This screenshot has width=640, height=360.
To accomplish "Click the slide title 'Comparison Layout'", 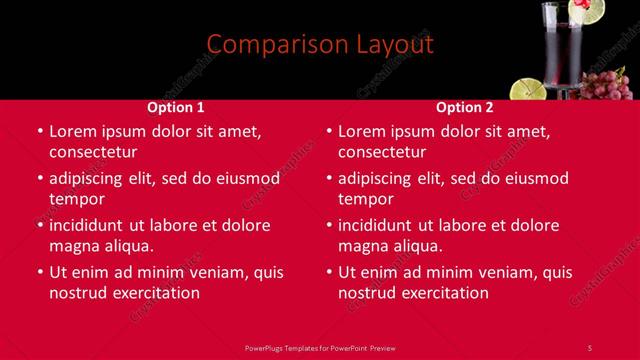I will (320, 44).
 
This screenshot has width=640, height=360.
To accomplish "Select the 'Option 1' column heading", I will (176, 107).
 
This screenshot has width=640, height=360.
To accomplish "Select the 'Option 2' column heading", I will (465, 107).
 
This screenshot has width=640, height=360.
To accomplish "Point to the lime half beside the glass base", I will (528, 89).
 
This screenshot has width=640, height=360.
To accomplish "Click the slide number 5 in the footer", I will (589, 347).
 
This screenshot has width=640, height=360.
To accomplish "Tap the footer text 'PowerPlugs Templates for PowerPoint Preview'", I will (320, 347).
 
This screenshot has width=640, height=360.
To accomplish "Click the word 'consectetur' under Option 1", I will (93, 152).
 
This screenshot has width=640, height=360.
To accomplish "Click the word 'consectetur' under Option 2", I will (382, 152).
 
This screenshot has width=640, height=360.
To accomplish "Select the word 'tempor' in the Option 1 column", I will (77, 199).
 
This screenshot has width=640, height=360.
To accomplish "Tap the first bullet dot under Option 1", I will (39, 131).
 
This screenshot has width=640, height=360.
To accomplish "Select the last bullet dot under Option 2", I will (328, 272).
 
